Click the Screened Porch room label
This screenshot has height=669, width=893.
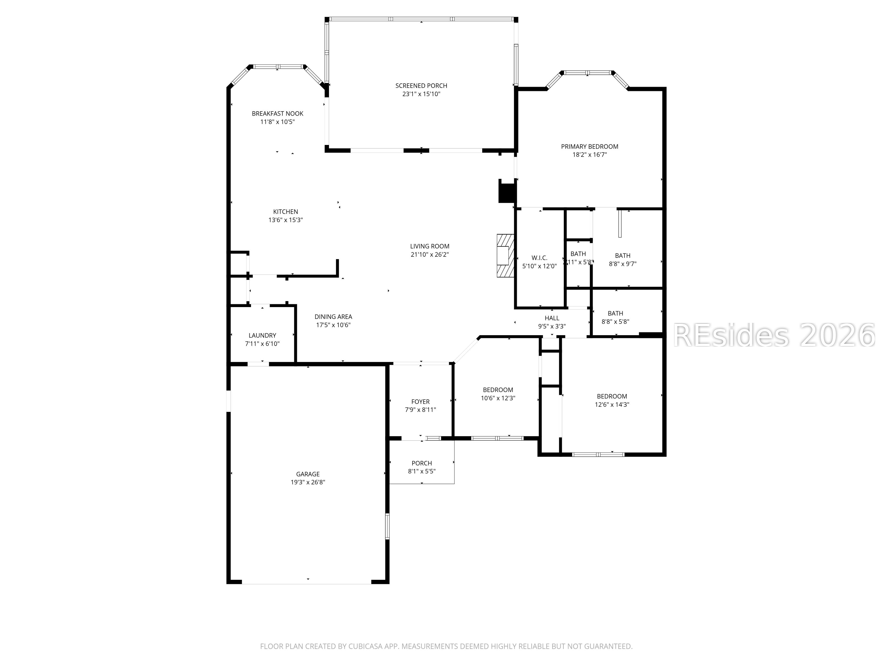[421, 85]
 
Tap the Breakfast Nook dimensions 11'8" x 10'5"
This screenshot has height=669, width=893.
[277, 122]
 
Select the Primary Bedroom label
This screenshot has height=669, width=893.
[590, 146]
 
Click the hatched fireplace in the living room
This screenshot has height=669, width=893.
[505, 255]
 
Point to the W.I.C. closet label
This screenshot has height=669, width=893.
[539, 258]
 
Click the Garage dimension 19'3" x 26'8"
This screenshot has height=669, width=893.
[308, 482]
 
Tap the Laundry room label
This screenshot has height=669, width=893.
[262, 335]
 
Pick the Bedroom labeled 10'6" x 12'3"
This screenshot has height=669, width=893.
[498, 394]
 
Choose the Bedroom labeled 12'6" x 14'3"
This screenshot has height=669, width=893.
[612, 400]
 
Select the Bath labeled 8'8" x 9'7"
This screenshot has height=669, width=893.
[623, 259]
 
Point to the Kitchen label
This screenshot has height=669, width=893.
[285, 211]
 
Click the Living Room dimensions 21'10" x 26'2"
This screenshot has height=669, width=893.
[430, 254]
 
